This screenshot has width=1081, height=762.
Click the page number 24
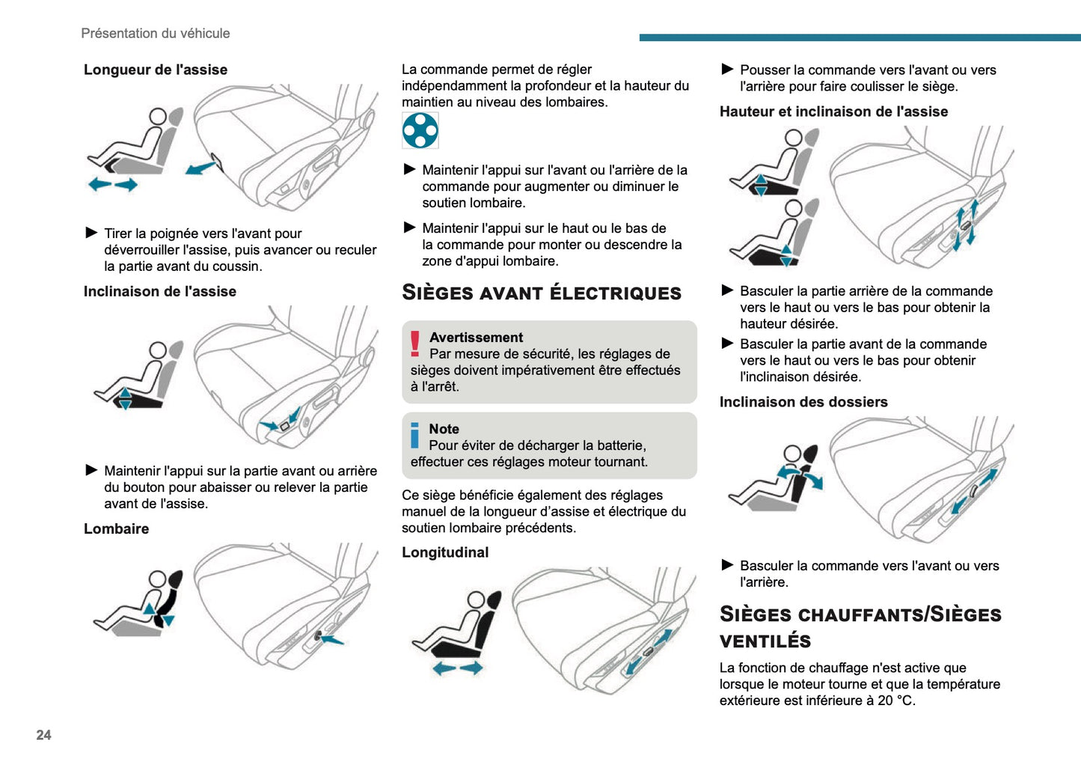pyautogui.click(x=43, y=735)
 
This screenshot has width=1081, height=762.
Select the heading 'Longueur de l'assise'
pyautogui.click(x=156, y=70)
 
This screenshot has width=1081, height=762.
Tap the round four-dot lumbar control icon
pyautogui.click(x=420, y=131)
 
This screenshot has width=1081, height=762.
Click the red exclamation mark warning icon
pyautogui.click(x=415, y=344)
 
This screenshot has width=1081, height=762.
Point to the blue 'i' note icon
pyautogui.click(x=415, y=436)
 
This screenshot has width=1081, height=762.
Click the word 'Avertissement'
pyautogui.click(x=476, y=338)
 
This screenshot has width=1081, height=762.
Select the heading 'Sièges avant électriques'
pyautogui.click(x=542, y=293)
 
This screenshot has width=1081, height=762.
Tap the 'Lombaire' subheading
pyautogui.click(x=116, y=528)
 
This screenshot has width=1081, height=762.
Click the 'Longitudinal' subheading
pyautogui.click(x=445, y=552)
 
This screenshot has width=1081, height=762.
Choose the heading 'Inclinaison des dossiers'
pyautogui.click(x=803, y=402)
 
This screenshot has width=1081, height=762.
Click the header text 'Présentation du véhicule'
pyautogui.click(x=156, y=34)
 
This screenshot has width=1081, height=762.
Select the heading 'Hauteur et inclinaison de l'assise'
pyautogui.click(x=833, y=112)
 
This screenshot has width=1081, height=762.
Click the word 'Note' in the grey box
pyautogui.click(x=444, y=429)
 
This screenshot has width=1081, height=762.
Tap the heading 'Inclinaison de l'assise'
pyautogui.click(x=160, y=291)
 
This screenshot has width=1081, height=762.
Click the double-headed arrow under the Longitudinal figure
pyautogui.click(x=457, y=668)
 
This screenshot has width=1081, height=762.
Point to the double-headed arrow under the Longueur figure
pyautogui.click(x=113, y=184)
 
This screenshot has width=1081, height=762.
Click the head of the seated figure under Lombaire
pyautogui.click(x=157, y=579)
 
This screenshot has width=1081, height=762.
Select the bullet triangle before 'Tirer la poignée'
pyautogui.click(x=92, y=233)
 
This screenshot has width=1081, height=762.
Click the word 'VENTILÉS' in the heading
pyautogui.click(x=765, y=641)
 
